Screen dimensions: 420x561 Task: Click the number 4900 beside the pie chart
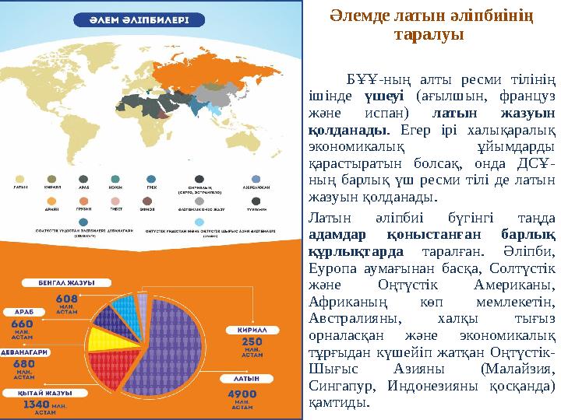[x=242, y=394]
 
